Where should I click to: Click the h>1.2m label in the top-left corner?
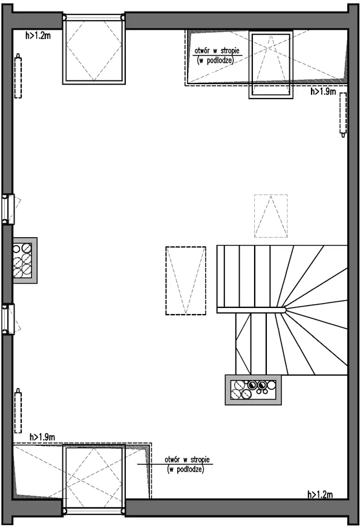coord(38,35)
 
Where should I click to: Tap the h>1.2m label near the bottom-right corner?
coord(320,494)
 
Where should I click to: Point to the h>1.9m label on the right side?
coord(323,91)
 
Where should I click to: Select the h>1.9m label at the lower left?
coord(42,437)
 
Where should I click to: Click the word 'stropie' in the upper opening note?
coord(231,51)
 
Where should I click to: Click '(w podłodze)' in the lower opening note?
coord(185,469)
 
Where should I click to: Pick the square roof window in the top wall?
coord(94,49)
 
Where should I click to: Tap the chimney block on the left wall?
coord(25,261)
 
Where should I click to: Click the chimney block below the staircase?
coord(253,390)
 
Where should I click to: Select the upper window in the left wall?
coord(8,209)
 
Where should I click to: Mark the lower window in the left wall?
coord(8,319)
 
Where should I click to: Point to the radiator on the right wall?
coord(343,114)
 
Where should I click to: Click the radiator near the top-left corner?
coord(18,76)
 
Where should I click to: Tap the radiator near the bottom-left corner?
coord(18,411)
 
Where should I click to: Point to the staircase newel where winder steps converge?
coord(284,310)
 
